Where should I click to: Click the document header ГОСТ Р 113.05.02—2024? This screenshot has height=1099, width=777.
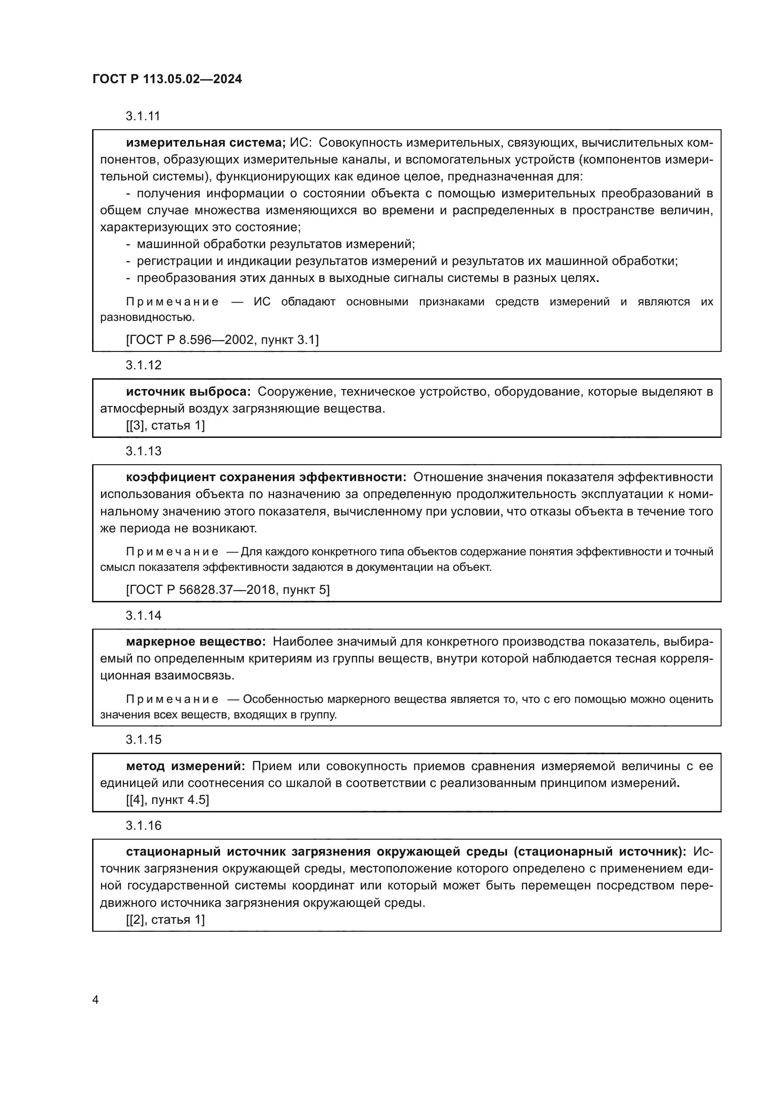pyautogui.click(x=167, y=79)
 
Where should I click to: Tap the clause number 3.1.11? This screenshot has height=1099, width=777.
pyautogui.click(x=143, y=117)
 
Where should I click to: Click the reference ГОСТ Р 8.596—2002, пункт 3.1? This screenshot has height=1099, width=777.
pyautogui.click(x=223, y=340)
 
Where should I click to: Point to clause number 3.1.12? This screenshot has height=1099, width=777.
pyautogui.click(x=144, y=365)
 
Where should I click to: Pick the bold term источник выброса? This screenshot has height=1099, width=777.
pyautogui.click(x=188, y=391)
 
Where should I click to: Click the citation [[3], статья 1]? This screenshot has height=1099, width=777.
pyautogui.click(x=165, y=425)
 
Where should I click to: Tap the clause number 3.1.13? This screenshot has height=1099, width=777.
pyautogui.click(x=144, y=451)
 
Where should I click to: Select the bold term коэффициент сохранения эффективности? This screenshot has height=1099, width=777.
pyautogui.click(x=266, y=477)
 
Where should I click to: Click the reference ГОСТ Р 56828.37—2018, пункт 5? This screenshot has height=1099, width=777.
pyautogui.click(x=228, y=590)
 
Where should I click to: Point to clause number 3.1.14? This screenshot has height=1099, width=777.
pyautogui.click(x=144, y=616)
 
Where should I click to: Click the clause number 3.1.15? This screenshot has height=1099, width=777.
pyautogui.click(x=144, y=740)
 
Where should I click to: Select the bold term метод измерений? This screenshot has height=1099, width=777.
pyautogui.click(x=185, y=766)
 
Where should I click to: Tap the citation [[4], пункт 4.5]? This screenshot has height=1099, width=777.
pyautogui.click(x=167, y=799)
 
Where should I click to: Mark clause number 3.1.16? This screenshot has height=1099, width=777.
pyautogui.click(x=144, y=825)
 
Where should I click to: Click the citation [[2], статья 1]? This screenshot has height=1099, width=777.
pyautogui.click(x=165, y=920)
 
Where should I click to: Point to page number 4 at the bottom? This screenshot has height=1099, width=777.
pyautogui.click(x=95, y=1000)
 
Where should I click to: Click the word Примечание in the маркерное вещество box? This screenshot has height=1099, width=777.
pyautogui.click(x=172, y=699)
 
